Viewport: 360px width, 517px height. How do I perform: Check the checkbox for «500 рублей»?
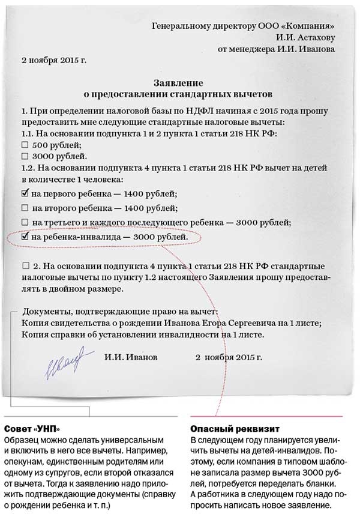click(25, 145)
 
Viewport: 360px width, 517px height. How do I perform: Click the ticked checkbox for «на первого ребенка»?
click(25, 193)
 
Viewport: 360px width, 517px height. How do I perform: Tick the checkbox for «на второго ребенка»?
click(25, 208)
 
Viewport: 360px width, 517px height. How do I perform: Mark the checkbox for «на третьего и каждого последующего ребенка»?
click(25, 222)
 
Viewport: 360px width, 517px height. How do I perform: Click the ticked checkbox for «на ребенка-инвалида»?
click(25, 237)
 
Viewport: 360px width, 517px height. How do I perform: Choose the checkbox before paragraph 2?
click(25, 265)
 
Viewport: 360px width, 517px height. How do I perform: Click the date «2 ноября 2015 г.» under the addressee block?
click(54, 60)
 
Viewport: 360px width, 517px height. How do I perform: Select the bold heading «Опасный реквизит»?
click(226, 429)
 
